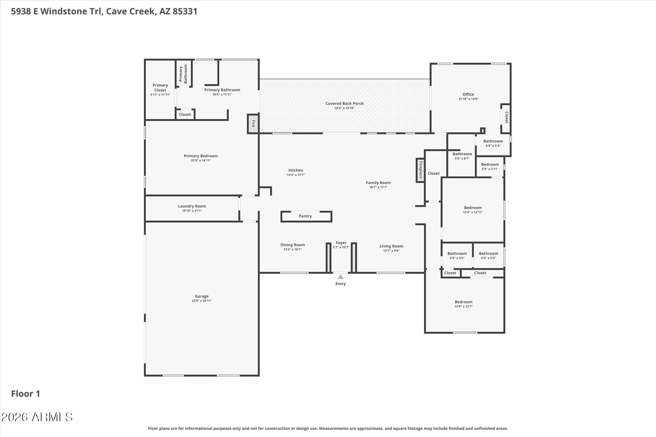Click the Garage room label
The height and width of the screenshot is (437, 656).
[202, 296]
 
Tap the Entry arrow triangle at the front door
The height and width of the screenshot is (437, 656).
[340, 277]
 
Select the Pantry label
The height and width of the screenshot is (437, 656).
[305, 216]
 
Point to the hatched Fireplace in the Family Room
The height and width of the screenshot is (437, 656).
[420, 170]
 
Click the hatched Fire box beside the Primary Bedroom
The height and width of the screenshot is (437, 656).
[253, 124]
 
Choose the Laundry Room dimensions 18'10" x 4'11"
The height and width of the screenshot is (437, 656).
[192, 211]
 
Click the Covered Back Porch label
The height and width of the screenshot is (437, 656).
[344, 103]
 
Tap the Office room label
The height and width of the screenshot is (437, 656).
[468, 94]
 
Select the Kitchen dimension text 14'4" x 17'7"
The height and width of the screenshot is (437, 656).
[296, 175]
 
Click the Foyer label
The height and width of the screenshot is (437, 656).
[341, 243]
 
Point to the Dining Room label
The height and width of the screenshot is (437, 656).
[292, 245]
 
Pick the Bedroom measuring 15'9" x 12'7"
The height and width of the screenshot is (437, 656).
[463, 302]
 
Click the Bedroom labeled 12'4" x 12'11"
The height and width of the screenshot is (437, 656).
[473, 208]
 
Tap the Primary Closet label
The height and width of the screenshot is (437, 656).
[160, 88]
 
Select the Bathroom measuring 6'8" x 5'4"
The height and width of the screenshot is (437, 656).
[493, 141]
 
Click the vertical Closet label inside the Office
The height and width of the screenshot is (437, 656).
[506, 117]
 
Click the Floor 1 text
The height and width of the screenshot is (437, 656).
[26, 394]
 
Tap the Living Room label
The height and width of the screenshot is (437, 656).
[391, 246]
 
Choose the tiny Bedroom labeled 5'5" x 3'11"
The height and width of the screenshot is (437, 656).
[490, 165]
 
